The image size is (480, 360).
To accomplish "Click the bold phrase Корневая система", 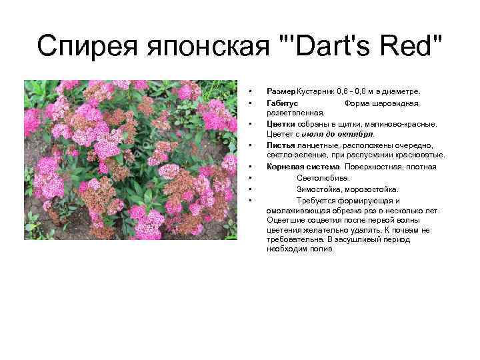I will tap(303, 166).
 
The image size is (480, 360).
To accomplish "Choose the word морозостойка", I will tap(374, 189).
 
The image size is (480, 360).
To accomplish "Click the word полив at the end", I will tap(323, 249).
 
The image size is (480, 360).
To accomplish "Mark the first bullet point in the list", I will tap(249, 91).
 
